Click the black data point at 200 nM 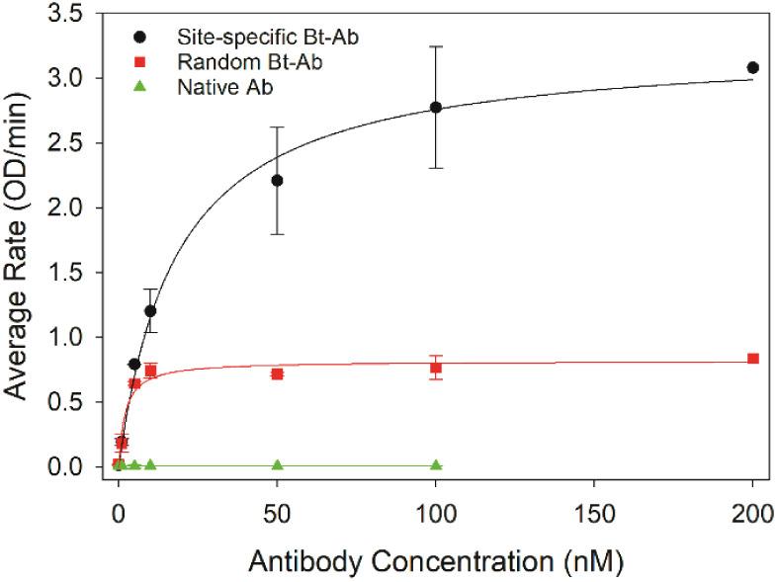tap(752, 67)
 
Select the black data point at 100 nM tap(436, 107)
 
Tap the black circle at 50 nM tap(278, 180)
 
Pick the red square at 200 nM tap(752, 359)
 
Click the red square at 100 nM tap(436, 368)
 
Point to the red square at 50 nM tap(278, 374)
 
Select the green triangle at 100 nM tap(436, 464)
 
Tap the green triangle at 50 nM tap(278, 464)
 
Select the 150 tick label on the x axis tap(594, 513)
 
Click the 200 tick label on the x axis tap(752, 513)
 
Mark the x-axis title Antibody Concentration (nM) tap(436, 559)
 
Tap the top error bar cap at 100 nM tap(436, 46)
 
